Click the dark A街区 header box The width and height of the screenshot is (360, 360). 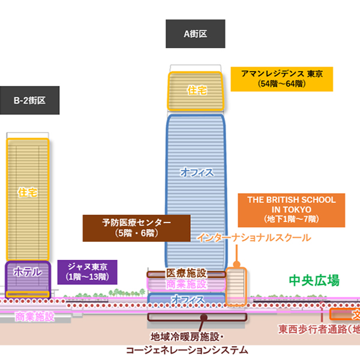click(x=195, y=34)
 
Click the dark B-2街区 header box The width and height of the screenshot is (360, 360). click(x=29, y=100)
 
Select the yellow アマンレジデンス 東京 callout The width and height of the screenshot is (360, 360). click(x=281, y=79)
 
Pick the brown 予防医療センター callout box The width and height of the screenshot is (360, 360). click(x=136, y=227)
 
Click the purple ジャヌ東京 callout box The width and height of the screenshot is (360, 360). click(x=88, y=272)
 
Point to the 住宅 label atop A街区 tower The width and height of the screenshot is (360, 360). click(x=196, y=91)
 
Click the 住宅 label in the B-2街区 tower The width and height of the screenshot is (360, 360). click(x=28, y=192)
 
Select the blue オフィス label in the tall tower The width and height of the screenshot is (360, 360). click(x=196, y=172)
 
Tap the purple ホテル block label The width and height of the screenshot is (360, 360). click(x=28, y=272)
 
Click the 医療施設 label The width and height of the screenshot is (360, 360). click(x=186, y=274)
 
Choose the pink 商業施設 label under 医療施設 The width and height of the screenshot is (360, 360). click(x=186, y=284)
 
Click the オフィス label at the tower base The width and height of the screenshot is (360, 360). click(x=187, y=298)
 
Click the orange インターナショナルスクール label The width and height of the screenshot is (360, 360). click(x=254, y=238)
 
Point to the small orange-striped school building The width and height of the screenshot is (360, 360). click(x=236, y=285)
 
